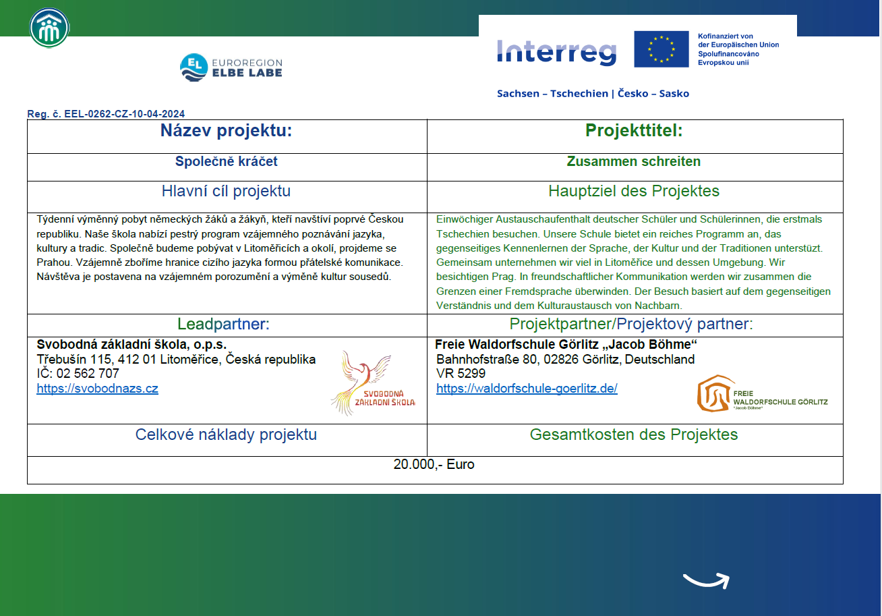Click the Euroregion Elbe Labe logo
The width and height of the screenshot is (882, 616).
[231, 67]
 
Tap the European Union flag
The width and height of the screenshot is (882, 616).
[661, 49]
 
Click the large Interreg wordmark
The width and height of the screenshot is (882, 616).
[556, 51]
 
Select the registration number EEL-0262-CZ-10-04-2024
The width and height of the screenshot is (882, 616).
[106, 114]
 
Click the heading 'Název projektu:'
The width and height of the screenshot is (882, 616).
[226, 131]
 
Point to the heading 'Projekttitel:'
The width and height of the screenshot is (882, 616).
[634, 131]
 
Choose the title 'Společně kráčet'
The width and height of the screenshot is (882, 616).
[226, 162]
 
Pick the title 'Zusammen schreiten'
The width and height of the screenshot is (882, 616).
[633, 162]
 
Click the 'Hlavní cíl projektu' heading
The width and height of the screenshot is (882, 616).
[226, 192]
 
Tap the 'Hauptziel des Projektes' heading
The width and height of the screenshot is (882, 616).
[634, 192]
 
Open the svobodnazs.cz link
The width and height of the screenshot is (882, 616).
[97, 389]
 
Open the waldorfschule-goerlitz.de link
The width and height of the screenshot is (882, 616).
[527, 389]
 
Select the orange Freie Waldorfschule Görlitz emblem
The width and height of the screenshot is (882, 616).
[714, 393]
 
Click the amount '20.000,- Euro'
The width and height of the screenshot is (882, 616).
[434, 465]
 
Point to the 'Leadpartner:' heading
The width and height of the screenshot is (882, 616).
[223, 325]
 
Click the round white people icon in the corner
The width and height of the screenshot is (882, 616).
[49, 28]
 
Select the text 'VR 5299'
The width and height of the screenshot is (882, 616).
[461, 374]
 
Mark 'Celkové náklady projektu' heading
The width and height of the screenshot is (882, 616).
[226, 435]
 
